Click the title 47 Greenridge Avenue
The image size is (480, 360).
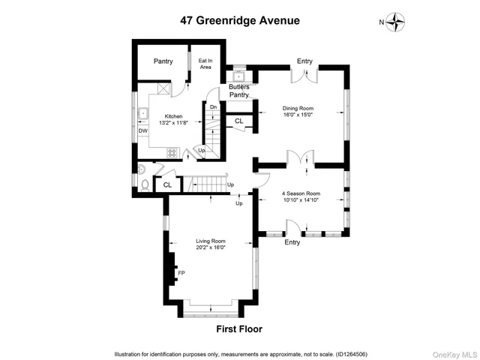[239, 21]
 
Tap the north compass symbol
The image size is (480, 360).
[397, 22]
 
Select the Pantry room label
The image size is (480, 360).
[164, 61]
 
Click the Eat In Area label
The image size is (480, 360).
[205, 64]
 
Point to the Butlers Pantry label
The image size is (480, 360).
[239, 91]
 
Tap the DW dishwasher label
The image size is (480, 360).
[142, 130]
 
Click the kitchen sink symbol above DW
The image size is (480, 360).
[142, 114]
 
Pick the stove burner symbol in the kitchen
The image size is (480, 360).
[172, 153]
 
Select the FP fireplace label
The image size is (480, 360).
[180, 273]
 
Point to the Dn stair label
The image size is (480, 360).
[213, 108]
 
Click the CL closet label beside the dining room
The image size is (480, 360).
[239, 120]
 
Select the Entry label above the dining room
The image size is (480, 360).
[304, 61]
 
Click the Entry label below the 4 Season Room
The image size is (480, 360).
[292, 242]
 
